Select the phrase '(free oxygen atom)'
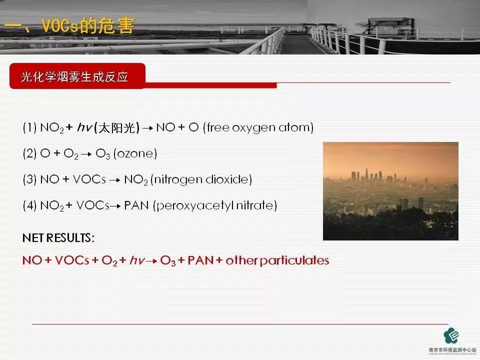tap(258, 128)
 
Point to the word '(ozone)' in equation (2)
tap(135, 154)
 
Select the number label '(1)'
tap(29, 128)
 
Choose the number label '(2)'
tap(29, 154)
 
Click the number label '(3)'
tap(29, 179)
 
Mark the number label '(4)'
tap(29, 205)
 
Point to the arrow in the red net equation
tap(151, 261)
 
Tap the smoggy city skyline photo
tap(390, 191)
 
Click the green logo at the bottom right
tap(452, 334)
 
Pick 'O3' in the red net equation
tap(167, 261)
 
